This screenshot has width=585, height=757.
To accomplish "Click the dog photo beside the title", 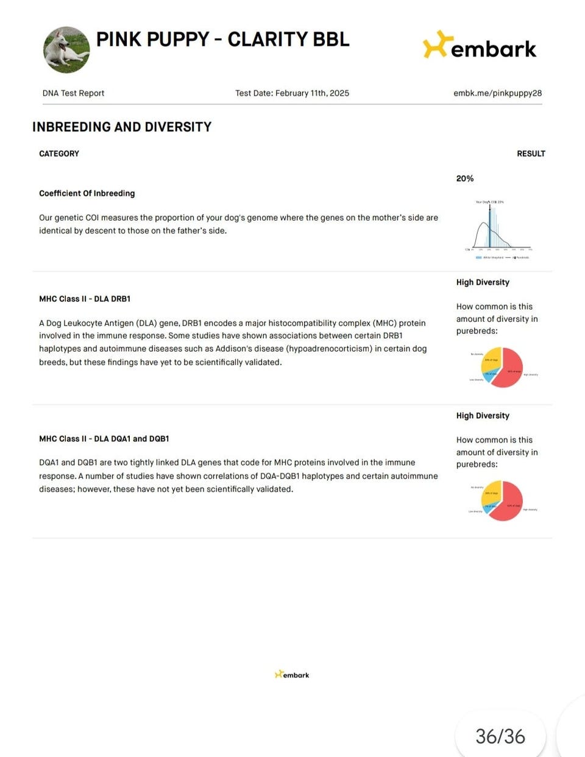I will (x=66, y=49).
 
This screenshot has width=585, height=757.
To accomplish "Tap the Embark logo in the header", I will (x=480, y=46).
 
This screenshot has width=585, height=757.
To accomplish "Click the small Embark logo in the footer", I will (x=292, y=675).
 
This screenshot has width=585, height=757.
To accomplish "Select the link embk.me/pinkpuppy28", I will (x=497, y=93).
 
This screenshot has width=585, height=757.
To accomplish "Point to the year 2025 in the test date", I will (x=339, y=93).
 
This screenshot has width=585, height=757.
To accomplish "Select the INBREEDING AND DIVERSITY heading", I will (x=122, y=127).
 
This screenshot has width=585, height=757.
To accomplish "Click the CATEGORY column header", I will (x=59, y=154).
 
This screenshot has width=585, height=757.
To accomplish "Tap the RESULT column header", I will (x=531, y=154).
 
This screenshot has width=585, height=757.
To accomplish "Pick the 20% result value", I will (x=465, y=179).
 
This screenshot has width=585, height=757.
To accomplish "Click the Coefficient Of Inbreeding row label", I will (x=87, y=193).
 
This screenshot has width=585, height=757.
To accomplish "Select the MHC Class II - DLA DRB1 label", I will (x=85, y=299).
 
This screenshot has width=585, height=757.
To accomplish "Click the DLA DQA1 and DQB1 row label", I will (x=104, y=439).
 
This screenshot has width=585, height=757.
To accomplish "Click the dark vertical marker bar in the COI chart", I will (x=489, y=226).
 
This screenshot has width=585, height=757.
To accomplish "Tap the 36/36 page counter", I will (x=500, y=736).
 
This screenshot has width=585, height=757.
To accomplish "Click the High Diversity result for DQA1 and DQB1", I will (x=483, y=416).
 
